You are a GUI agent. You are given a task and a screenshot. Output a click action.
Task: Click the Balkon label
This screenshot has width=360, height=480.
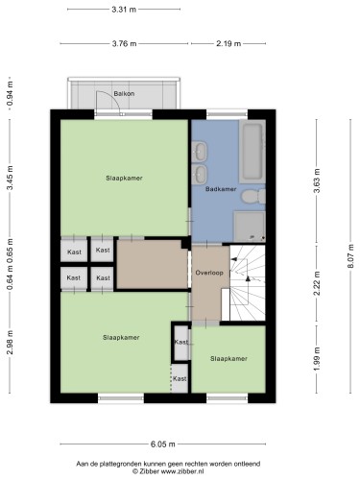click(124, 94)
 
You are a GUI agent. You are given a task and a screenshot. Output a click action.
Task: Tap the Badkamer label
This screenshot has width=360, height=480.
click(221, 189)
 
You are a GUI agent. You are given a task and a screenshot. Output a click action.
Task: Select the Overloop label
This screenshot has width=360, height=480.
click(209, 273)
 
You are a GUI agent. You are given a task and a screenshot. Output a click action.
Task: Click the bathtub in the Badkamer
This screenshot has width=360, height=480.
click(252, 152)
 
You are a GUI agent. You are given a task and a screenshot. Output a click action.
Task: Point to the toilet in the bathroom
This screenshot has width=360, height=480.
click(253, 197)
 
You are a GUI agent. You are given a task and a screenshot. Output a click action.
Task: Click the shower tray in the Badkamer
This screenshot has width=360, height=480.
click(250, 227)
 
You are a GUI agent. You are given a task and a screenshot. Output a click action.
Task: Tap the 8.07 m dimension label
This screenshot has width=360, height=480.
click(351, 256)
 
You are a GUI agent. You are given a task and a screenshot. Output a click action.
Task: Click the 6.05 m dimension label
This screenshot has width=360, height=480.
click(163, 444)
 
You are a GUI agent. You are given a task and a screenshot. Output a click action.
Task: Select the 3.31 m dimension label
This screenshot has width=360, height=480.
click(124, 10)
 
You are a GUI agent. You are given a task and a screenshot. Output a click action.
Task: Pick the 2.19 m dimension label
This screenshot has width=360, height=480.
click(228, 43)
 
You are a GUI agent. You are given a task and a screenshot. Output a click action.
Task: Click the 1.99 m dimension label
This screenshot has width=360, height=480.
click(317, 359)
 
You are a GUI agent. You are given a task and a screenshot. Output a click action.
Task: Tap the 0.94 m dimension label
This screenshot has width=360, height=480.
click(11, 93)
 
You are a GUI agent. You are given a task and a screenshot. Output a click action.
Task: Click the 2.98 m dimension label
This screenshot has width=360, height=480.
click(11, 343)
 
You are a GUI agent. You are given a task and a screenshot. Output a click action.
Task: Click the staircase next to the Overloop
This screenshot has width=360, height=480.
click(248, 283)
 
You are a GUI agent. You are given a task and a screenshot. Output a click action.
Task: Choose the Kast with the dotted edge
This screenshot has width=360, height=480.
click(180, 378)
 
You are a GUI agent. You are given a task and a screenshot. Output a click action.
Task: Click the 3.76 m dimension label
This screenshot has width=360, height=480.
click(124, 43)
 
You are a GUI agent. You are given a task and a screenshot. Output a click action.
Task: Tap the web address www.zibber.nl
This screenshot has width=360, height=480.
click(182, 471)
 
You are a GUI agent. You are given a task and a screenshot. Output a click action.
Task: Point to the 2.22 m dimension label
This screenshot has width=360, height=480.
click(317, 283)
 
